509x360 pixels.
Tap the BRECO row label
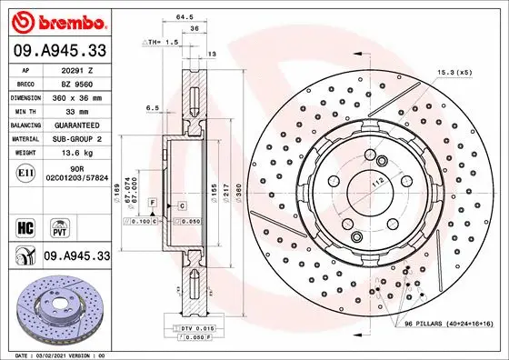click(x=25, y=82)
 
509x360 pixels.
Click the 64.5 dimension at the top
click(x=185, y=15)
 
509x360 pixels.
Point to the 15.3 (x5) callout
click(x=455, y=72)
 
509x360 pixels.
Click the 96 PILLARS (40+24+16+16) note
click(x=449, y=324)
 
